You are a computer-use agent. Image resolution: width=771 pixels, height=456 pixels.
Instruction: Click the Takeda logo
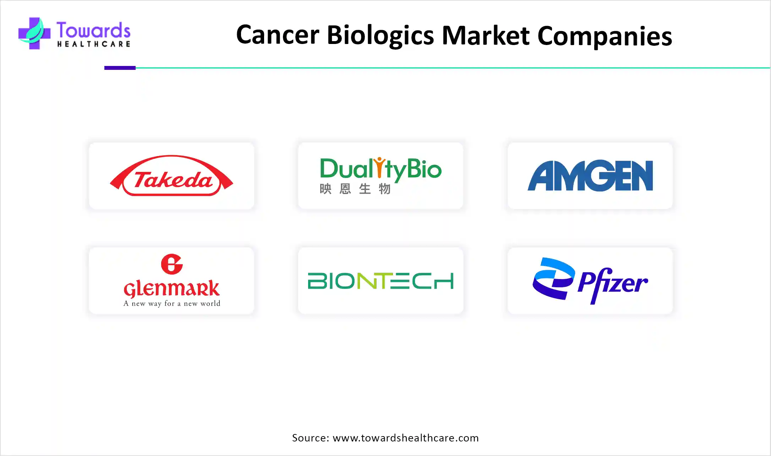tap(171, 176)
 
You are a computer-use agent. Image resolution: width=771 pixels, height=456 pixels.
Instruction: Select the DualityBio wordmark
tap(381, 169)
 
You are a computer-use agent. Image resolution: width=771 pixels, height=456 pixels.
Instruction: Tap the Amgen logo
tap(590, 176)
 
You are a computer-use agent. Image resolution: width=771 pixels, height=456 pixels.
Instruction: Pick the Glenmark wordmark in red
tap(171, 289)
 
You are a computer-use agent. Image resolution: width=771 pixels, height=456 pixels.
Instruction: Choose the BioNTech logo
tap(381, 281)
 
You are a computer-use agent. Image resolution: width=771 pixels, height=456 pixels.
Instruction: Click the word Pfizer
tap(613, 284)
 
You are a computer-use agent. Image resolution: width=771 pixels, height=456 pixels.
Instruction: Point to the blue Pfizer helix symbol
tap(553, 278)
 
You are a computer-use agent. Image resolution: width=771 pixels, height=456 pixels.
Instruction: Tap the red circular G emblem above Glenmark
tap(172, 264)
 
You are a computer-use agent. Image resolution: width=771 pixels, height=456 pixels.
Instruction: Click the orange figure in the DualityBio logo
tap(380, 167)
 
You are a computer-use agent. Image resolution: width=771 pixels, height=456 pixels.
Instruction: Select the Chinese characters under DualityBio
tap(355, 189)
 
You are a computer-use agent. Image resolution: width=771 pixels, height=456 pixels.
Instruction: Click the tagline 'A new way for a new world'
tap(172, 304)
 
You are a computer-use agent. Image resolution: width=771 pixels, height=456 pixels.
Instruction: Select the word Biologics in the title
tap(380, 35)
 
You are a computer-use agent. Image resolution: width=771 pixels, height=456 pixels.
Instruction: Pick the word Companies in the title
tap(605, 36)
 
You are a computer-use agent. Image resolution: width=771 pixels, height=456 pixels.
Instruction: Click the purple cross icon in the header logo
tap(34, 33)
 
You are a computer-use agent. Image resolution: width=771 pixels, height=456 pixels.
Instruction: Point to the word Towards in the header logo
tap(93, 30)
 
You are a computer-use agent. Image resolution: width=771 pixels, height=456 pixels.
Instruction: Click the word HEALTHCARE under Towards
tap(94, 44)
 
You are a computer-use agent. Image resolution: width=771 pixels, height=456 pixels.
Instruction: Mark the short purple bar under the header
tap(120, 68)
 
